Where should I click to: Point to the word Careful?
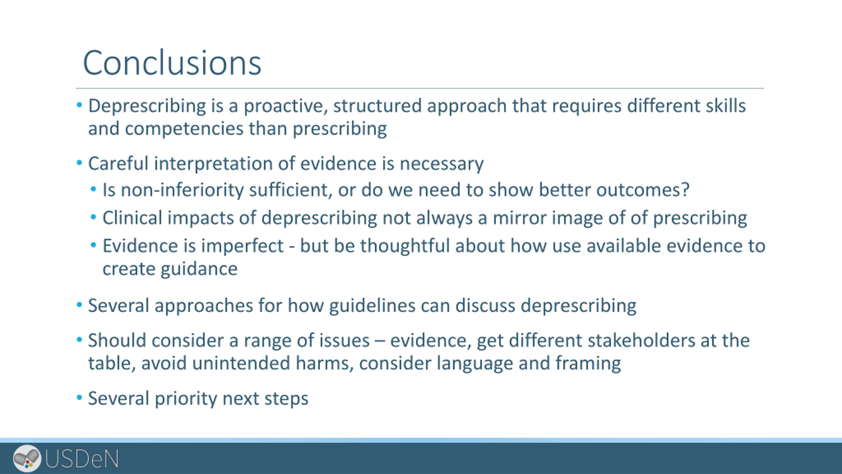(x=118, y=163)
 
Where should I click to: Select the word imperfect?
(x=242, y=246)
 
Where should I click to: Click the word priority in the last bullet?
(x=186, y=399)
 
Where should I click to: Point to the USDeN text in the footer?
(x=82, y=459)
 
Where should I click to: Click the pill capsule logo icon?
(x=27, y=458)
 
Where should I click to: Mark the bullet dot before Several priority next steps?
(x=79, y=398)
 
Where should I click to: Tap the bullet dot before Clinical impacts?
(x=94, y=217)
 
